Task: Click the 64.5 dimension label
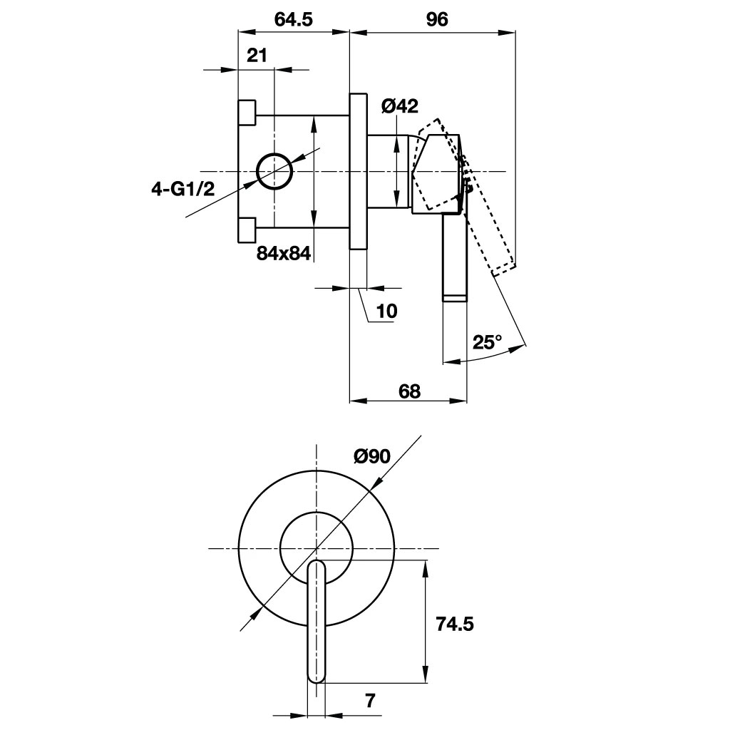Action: pos(293,20)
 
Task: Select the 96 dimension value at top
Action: pos(436,20)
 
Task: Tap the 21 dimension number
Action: pos(257,56)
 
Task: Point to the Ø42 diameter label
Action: pos(399,106)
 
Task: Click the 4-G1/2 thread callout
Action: pos(182,189)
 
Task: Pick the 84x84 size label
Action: pos(284,252)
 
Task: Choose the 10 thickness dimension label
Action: pos(387,311)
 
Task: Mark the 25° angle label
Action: pos(488,342)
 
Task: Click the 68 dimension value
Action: pos(408,391)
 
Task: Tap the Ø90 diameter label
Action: pos(371,456)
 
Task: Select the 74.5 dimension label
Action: pos(454,624)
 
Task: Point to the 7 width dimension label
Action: pos(369,701)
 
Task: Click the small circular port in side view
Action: pos(274,171)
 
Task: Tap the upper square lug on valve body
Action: pos(247,111)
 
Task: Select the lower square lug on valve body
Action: pos(247,230)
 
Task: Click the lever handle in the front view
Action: pos(317,627)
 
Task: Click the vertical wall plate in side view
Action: pos(358,171)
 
